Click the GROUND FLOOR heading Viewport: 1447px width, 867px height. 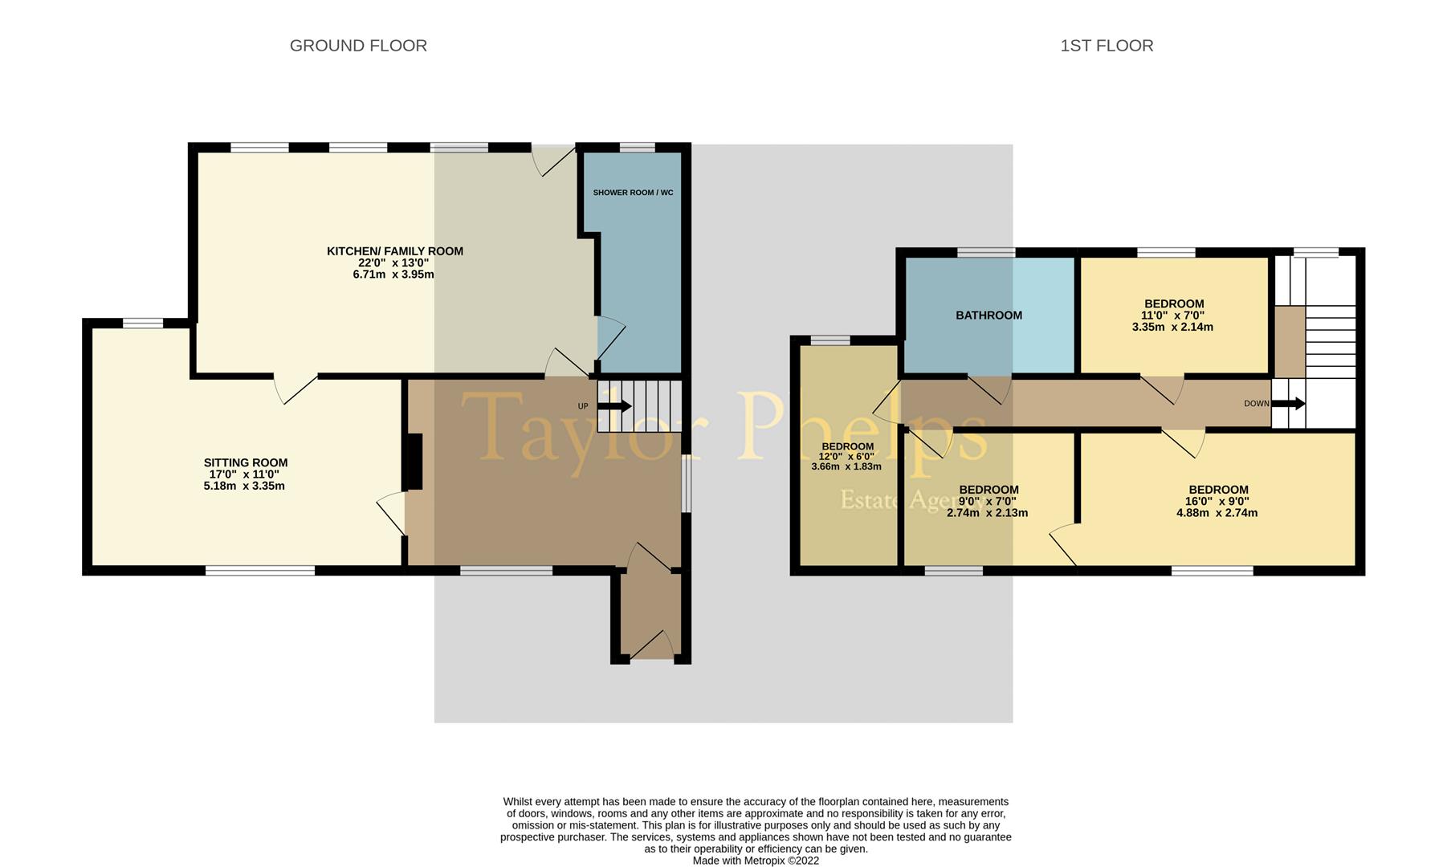(x=358, y=46)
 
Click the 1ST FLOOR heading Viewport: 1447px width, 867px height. (x=1107, y=46)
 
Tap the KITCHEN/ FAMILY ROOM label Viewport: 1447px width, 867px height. (x=394, y=251)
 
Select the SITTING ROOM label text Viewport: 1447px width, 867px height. (x=245, y=462)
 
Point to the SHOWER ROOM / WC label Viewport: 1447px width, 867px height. (x=633, y=193)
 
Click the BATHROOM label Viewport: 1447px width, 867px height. (x=988, y=315)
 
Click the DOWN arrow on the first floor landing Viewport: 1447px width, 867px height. (x=1289, y=404)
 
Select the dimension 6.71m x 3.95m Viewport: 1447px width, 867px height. (x=393, y=275)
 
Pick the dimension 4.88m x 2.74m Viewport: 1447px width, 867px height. (x=1217, y=513)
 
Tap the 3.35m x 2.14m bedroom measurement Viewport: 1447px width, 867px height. (x=1172, y=327)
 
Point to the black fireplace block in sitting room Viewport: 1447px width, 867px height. (x=413, y=462)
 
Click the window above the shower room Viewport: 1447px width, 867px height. (x=637, y=148)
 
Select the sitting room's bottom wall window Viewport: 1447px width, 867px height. (x=259, y=571)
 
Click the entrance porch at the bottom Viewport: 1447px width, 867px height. (x=651, y=614)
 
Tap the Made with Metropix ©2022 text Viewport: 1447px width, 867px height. (x=756, y=861)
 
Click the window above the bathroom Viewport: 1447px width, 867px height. (x=985, y=253)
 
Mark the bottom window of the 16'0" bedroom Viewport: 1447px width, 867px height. (x=1212, y=571)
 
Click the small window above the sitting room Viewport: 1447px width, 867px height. (x=143, y=324)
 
